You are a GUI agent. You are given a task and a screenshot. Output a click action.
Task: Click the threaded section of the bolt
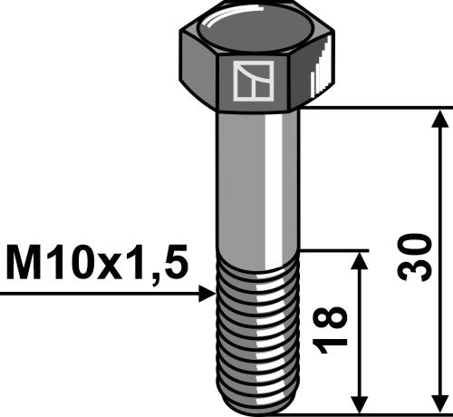pyautogui.click(x=256, y=326)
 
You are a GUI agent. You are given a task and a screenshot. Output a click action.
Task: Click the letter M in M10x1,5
pyautogui.click(x=24, y=265)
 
